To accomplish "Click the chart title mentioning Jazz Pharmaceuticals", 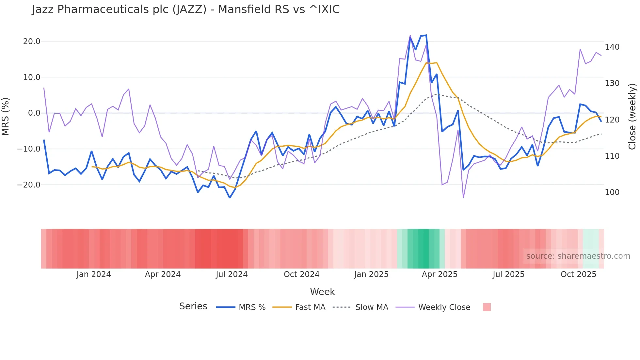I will click(x=186, y=9).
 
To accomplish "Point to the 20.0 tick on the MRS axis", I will click(x=32, y=41).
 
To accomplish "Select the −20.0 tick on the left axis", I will click(x=29, y=185).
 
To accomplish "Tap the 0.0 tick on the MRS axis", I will click(x=34, y=113).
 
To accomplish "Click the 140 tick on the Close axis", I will click(x=612, y=47).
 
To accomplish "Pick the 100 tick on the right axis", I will click(x=612, y=192).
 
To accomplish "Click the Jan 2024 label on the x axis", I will click(x=94, y=274).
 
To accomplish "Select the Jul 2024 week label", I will click(x=232, y=274).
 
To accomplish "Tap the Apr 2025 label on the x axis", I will click(x=440, y=274).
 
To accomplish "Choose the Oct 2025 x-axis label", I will click(x=578, y=274).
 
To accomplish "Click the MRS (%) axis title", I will click(x=6, y=116).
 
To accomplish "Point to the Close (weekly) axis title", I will click(x=632, y=117).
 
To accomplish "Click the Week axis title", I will click(x=322, y=292).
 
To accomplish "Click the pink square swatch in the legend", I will click(x=487, y=307).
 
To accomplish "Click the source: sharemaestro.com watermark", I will click(x=578, y=256).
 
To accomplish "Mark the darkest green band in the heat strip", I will click(x=423, y=249).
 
